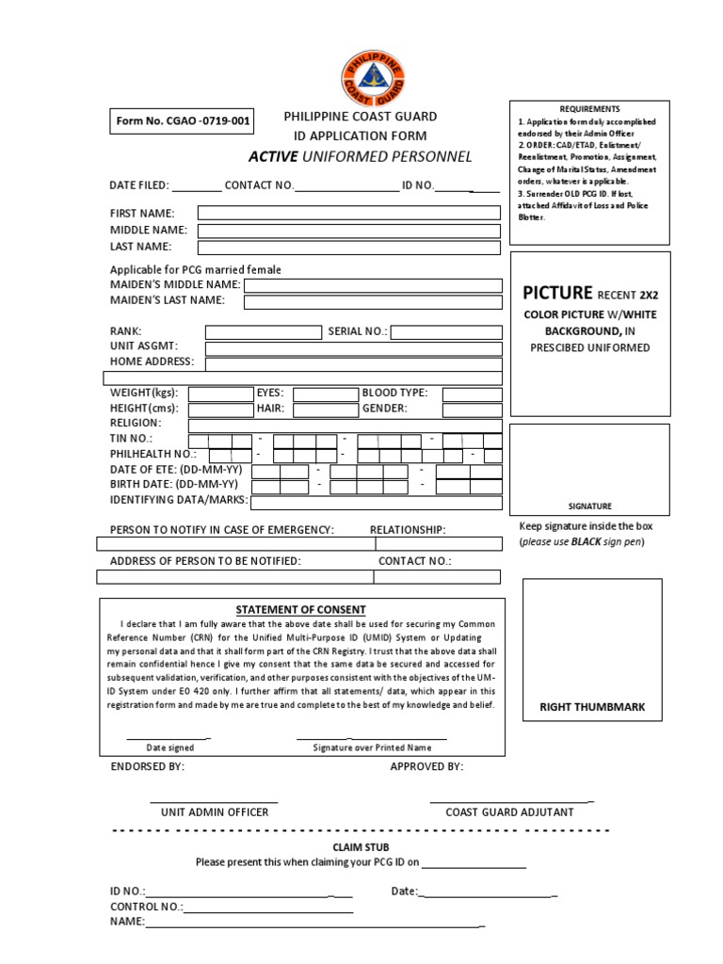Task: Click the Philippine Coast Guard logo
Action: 362,78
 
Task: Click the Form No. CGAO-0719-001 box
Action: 183,121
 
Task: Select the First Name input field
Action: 348,214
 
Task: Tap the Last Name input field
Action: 348,248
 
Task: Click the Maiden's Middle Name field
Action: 373,285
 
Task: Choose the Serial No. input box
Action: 445,331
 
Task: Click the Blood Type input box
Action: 472,394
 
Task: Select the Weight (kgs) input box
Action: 220,394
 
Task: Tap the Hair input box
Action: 319,410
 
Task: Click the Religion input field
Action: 345,425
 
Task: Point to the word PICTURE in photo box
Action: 558,293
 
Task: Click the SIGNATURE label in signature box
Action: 589,506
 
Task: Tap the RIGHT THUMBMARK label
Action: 591,707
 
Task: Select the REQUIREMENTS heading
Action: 589,109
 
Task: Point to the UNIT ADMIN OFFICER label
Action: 215,811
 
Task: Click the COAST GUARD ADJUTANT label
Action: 509,811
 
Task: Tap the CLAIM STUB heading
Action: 361,847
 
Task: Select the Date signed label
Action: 169,747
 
